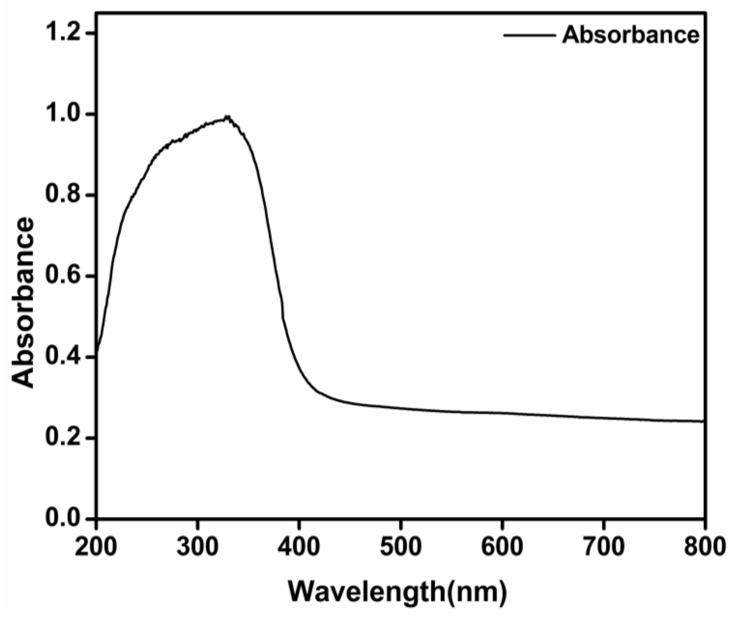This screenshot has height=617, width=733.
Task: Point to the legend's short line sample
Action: click(529, 35)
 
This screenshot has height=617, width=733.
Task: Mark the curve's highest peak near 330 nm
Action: click(228, 116)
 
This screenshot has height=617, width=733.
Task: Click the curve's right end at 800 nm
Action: click(702, 421)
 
